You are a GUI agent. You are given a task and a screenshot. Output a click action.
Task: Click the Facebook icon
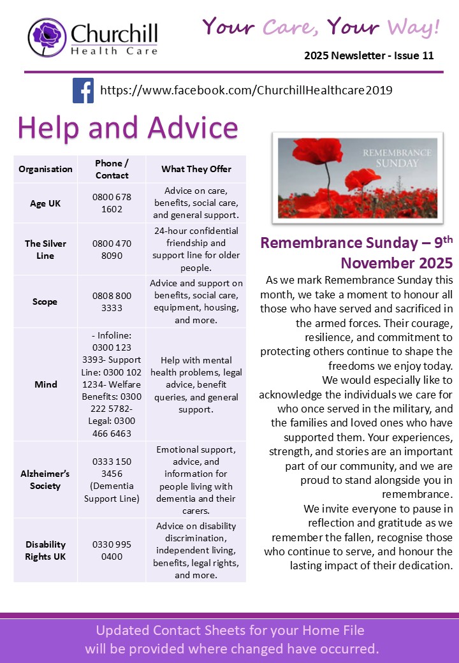pyautogui.click(x=83, y=90)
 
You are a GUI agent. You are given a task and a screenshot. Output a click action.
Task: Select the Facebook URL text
pyautogui.click(x=246, y=91)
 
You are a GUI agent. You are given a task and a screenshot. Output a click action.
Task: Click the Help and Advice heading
pyautogui.click(x=127, y=127)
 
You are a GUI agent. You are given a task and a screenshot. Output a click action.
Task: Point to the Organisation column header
pyautogui.click(x=45, y=169)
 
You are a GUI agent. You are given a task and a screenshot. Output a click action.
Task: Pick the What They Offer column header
pyautogui.click(x=196, y=169)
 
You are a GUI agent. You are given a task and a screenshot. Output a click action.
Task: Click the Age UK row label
pyautogui.click(x=45, y=203)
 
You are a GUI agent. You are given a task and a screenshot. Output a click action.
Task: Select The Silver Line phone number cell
pyautogui.click(x=112, y=249)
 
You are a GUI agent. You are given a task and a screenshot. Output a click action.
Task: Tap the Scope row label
pyautogui.click(x=45, y=302)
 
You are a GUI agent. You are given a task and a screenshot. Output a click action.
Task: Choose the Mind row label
pyautogui.click(x=45, y=384)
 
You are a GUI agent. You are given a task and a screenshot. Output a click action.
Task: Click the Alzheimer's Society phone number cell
pyautogui.click(x=112, y=479)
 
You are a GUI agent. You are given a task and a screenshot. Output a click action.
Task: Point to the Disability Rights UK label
pyautogui.click(x=45, y=550)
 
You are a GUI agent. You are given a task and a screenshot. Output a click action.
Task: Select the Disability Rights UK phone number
pyautogui.click(x=112, y=550)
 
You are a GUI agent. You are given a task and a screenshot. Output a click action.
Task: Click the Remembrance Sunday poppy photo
pyautogui.click(x=357, y=177)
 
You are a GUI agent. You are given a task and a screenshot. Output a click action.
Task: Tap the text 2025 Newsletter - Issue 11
pyautogui.click(x=368, y=55)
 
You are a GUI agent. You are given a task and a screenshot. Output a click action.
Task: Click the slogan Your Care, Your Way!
pyautogui.click(x=321, y=27)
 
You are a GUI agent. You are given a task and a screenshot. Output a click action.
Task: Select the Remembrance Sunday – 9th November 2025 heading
pyautogui.click(x=357, y=252)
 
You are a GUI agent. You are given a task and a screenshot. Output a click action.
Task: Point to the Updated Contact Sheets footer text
pyautogui.click(x=231, y=639)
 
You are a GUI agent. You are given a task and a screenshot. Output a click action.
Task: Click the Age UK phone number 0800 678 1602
pyautogui.click(x=112, y=203)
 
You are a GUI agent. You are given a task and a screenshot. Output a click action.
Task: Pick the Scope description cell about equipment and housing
pyautogui.click(x=196, y=302)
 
